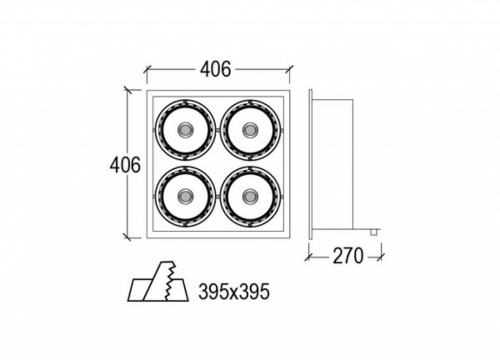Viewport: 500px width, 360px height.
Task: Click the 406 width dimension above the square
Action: tap(215, 70)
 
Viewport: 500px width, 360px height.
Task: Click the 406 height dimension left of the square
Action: tap(125, 165)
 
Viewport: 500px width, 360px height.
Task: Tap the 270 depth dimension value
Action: tap(348, 256)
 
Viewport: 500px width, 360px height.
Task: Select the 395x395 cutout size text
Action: tap(234, 292)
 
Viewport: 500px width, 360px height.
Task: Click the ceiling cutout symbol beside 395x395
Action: tap(158, 282)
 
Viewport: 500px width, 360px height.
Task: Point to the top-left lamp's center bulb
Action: tap(185, 129)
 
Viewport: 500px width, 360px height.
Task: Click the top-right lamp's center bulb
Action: tap(249, 129)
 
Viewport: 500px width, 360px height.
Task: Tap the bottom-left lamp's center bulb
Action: tap(185, 196)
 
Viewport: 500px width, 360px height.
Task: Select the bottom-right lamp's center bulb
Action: tap(249, 196)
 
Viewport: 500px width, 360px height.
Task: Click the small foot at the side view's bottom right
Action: tap(375, 232)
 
